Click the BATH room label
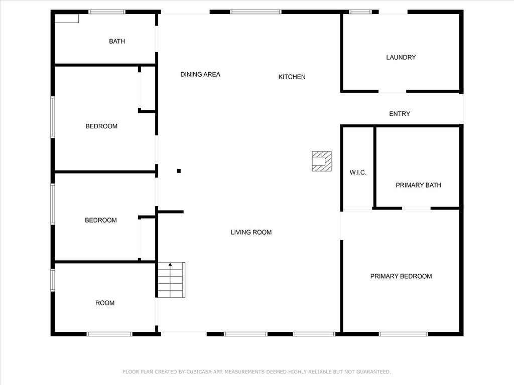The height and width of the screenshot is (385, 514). pos(117,41)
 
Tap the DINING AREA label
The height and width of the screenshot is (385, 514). pos(200,74)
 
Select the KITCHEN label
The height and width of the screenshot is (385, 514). pos(292,77)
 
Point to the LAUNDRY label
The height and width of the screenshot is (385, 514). pos(401,57)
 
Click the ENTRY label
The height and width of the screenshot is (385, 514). pos(400,114)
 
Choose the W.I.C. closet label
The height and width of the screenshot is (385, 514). pos(358,172)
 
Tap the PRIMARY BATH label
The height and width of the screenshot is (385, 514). pos(418,185)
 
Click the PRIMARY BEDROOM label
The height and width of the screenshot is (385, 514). pos(401,276)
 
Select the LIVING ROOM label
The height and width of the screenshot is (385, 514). pos(251,232)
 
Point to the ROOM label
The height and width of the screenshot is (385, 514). pos(105,303)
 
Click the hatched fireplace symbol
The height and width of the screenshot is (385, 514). pos(322,161)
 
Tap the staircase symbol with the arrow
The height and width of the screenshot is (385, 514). pos(171,280)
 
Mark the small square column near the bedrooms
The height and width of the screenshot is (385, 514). pos(179,171)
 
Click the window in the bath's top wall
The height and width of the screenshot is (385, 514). pos(107,12)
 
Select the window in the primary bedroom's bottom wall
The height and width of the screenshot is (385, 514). pos(404,334)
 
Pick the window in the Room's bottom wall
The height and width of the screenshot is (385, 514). pos(109,334)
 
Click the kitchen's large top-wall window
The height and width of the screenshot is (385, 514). pos(255,12)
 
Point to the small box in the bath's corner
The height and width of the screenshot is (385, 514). pos(67,19)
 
